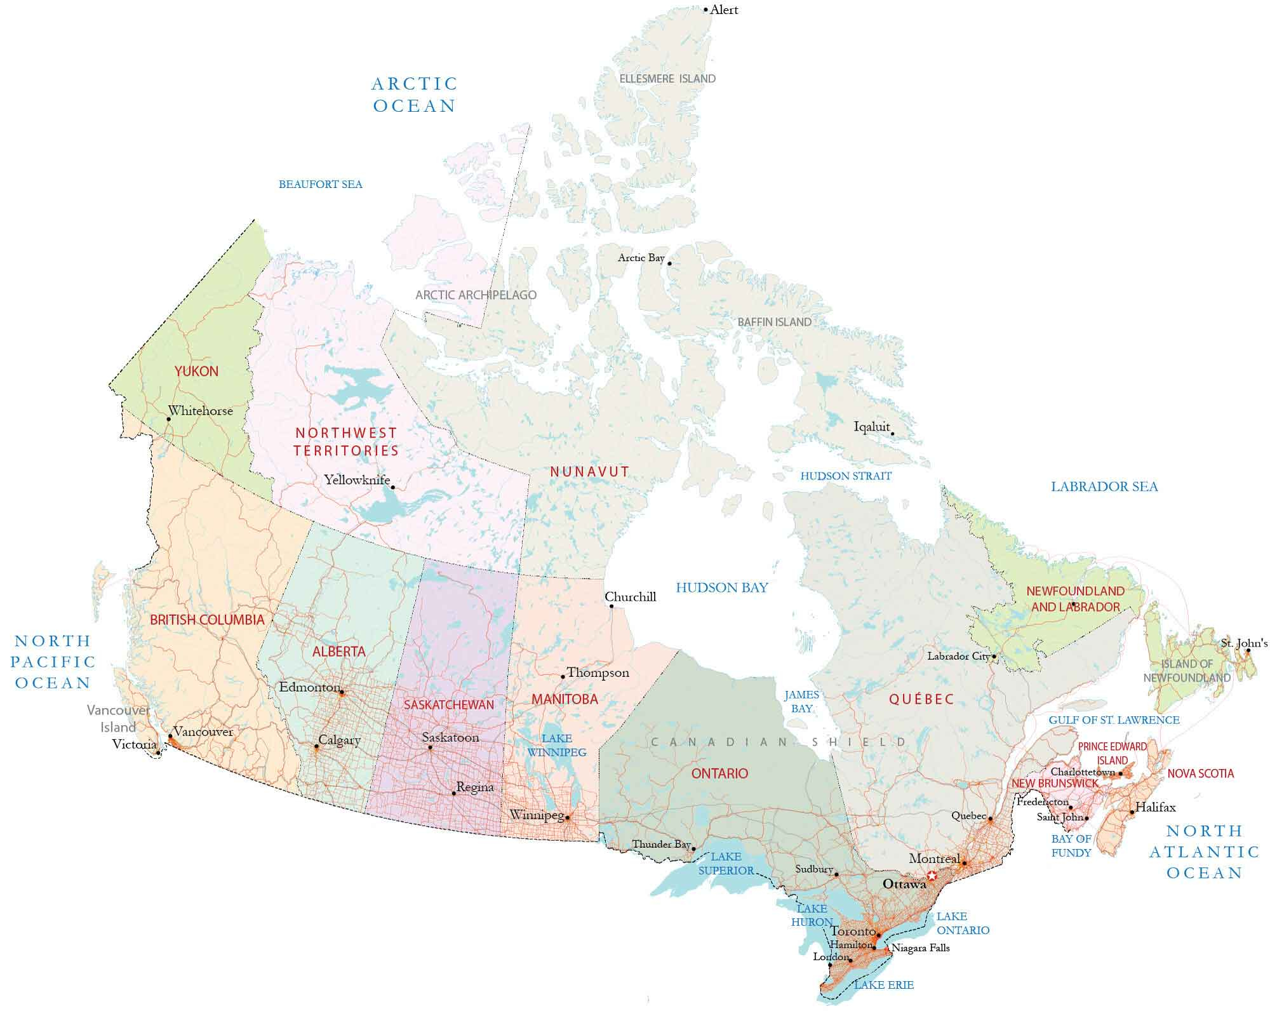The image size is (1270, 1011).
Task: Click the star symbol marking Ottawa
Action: (932, 876)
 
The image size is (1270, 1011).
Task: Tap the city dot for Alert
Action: (705, 10)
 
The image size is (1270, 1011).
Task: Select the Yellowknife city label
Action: (357, 480)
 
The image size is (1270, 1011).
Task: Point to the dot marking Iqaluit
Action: (892, 434)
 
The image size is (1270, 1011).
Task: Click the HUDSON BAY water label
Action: (721, 587)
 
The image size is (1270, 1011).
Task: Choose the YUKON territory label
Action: (196, 372)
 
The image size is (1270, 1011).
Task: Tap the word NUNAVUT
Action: (589, 472)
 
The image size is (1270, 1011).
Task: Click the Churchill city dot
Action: (612, 606)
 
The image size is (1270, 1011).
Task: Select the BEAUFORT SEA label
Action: (320, 185)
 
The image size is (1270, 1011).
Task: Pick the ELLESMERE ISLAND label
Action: (667, 79)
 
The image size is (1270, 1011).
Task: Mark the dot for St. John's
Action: (1248, 651)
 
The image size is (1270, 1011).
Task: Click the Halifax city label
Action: (1155, 808)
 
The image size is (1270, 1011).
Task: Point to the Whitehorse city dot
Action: (168, 419)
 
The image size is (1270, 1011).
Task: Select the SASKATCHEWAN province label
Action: (448, 705)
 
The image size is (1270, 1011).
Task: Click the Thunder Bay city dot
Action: (693, 848)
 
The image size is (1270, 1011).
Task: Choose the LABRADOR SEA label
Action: (1104, 487)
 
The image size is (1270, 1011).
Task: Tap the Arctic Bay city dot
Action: (669, 264)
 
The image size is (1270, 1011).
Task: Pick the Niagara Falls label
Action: (920, 948)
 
